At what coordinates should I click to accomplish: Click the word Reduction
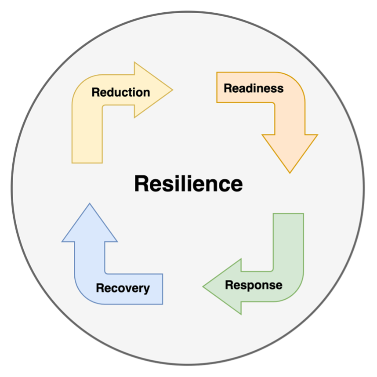click(121, 92)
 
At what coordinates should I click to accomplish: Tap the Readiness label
click(254, 88)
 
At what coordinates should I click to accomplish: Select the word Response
click(254, 285)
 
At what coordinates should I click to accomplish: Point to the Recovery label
click(123, 288)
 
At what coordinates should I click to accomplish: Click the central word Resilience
click(188, 184)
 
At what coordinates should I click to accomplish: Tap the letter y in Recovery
click(147, 290)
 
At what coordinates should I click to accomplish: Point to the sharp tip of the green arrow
click(204, 286)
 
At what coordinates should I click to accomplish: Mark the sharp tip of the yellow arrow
click(172, 90)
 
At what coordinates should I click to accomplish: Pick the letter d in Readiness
click(248, 88)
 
